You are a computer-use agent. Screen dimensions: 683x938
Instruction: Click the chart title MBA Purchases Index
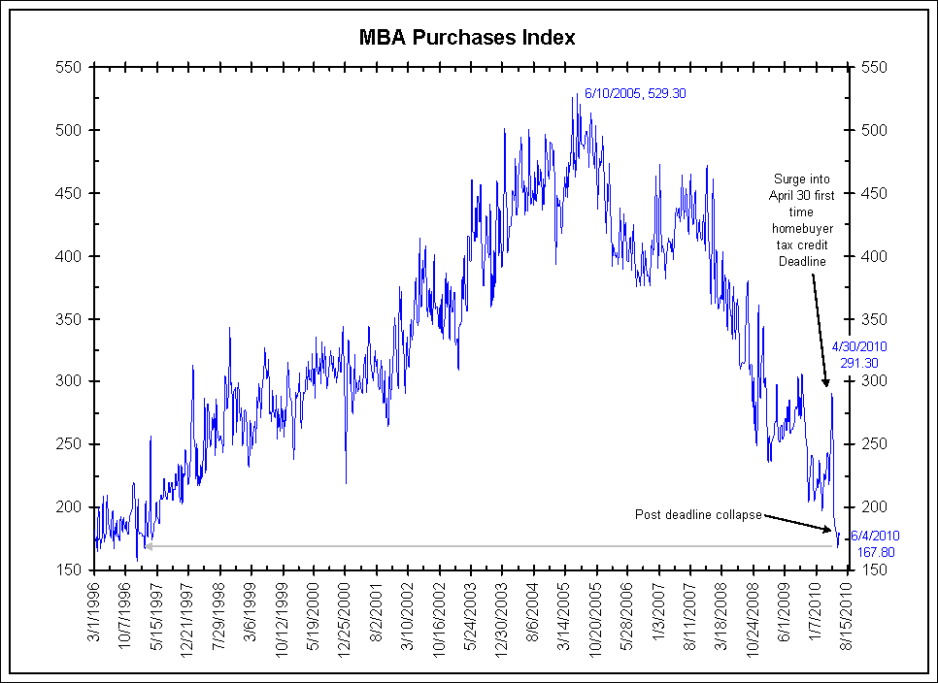468,38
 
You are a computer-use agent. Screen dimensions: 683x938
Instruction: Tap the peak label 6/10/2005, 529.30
637,94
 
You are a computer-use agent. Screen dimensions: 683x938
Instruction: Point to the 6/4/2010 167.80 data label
874,543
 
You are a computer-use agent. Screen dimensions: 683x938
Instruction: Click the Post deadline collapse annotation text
698,513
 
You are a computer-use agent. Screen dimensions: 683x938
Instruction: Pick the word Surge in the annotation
789,179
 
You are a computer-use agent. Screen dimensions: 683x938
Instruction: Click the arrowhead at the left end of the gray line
148,546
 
